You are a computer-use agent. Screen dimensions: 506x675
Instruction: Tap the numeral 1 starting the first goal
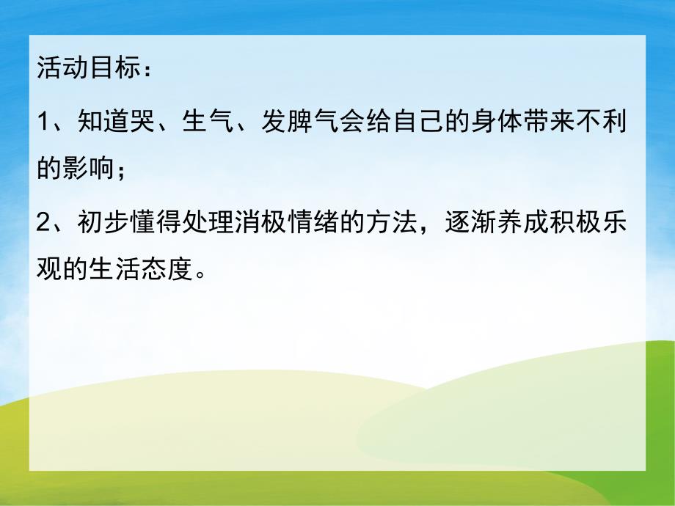click(43, 122)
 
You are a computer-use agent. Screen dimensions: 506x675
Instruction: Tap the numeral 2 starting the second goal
click(43, 223)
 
